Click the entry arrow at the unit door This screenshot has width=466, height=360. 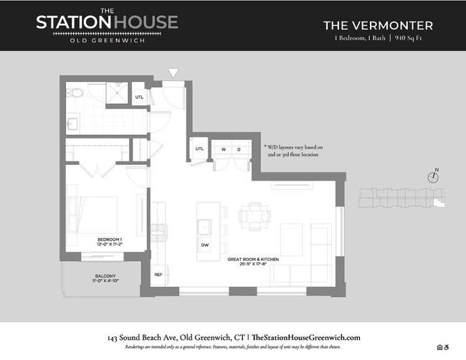tap(173, 72)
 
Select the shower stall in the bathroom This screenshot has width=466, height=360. tap(115, 93)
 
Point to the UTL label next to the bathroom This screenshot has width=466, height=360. tap(139, 97)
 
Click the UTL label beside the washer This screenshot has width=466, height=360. tap(199, 149)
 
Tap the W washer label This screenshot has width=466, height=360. tap(223, 149)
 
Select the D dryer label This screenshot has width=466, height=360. tap(239, 149)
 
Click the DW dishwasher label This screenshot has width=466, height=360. tap(204, 245)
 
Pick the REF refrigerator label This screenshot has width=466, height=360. tap(158, 275)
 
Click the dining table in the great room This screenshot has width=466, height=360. tap(255, 213)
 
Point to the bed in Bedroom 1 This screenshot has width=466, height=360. tap(90, 217)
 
